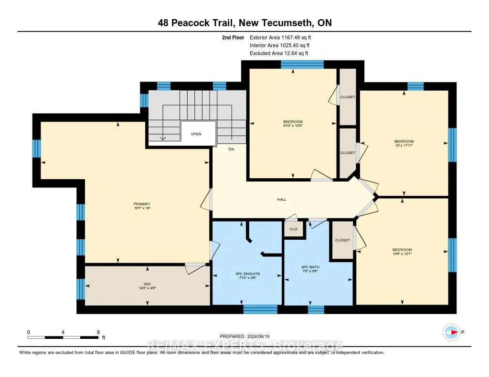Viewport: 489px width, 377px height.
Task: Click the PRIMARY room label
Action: tap(142, 204)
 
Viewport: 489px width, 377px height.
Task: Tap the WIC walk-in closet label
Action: tap(147, 284)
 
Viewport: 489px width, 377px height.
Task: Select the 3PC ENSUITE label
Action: tap(248, 274)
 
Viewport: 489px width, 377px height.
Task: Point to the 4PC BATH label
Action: tap(310, 267)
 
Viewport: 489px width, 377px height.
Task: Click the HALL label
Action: tap(282, 199)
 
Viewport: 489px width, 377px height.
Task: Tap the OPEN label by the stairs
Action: tap(196, 134)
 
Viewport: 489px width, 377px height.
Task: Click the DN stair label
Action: tap(231, 149)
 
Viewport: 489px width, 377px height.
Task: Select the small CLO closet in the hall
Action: tap(294, 229)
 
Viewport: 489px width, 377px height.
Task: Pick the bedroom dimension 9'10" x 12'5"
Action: tap(293, 125)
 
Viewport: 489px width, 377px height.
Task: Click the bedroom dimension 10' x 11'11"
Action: tap(404, 145)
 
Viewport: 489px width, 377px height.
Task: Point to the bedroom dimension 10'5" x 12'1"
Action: tap(402, 254)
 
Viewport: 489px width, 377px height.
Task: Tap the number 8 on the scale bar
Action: tap(98, 332)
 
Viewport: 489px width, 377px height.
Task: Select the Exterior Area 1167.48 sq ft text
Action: tap(280, 37)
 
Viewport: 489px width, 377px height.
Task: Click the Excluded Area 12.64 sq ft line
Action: tap(279, 53)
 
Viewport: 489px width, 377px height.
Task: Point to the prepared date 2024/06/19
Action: tap(258, 336)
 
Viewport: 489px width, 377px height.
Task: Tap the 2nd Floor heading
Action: tap(233, 37)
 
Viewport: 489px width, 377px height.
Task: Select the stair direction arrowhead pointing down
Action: tap(163, 139)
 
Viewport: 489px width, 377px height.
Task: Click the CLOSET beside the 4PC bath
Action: tap(342, 240)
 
